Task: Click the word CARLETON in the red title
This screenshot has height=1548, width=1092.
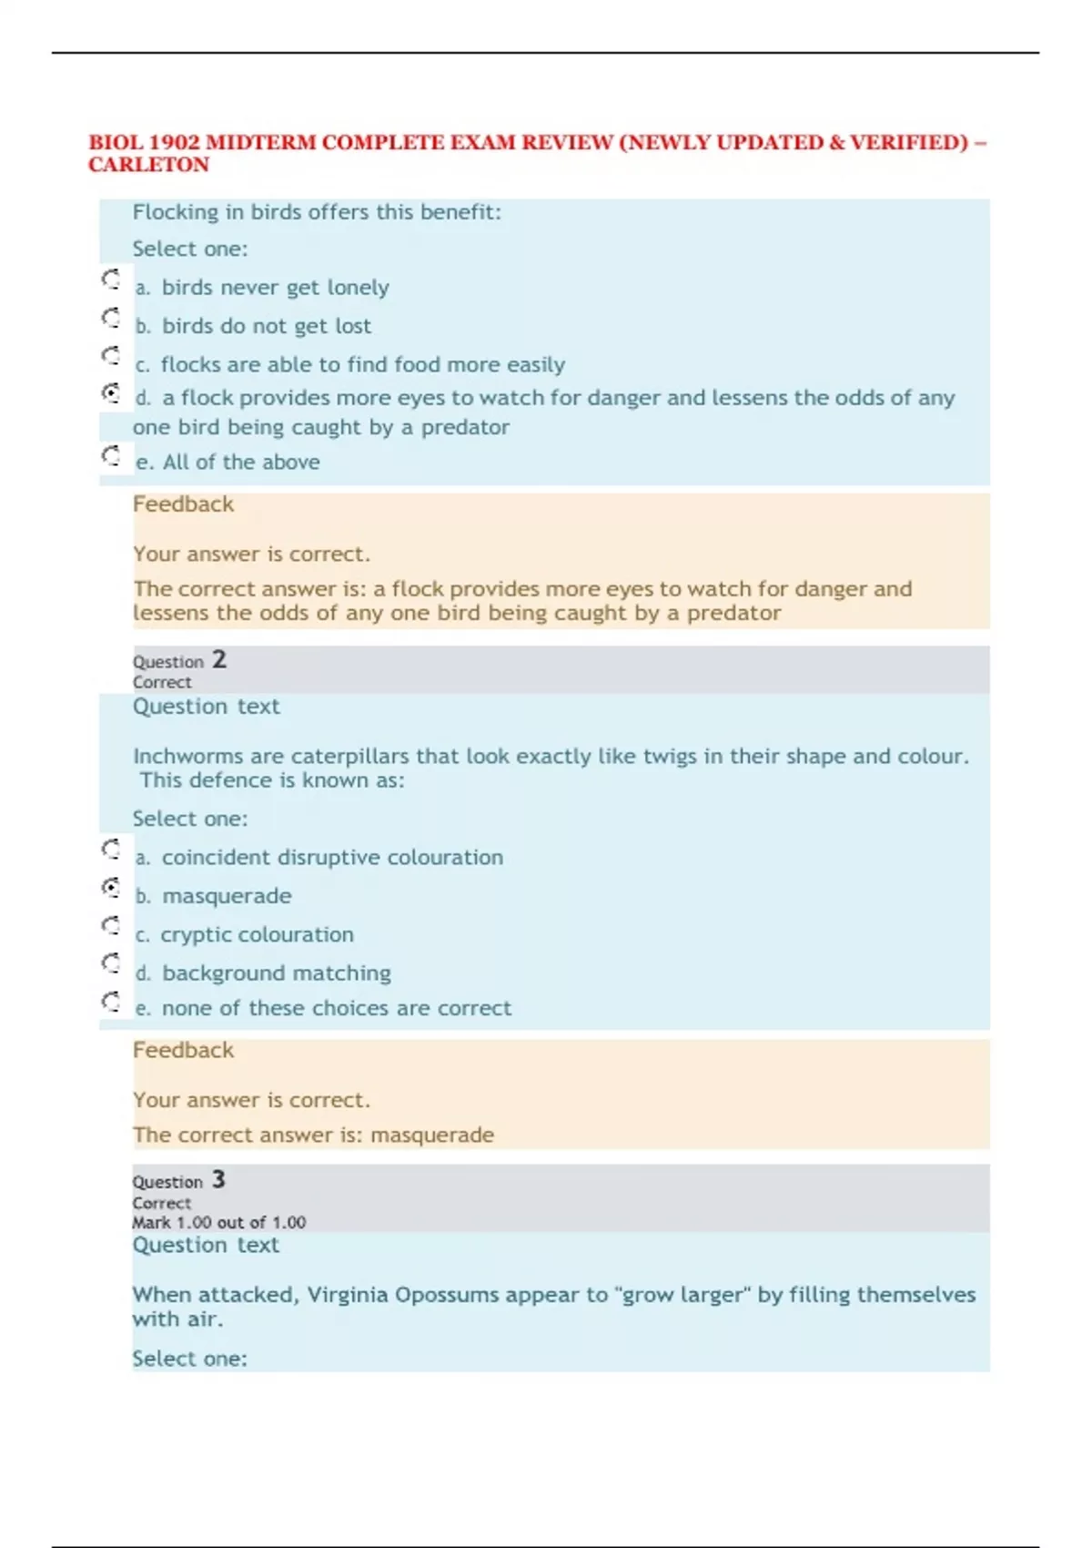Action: point(148,165)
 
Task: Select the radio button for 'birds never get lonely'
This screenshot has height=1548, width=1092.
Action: point(111,279)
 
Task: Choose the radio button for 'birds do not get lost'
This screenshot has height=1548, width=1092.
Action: point(111,317)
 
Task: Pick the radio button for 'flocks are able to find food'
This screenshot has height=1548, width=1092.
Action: point(111,355)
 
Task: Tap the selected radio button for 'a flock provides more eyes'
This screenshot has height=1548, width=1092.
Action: point(111,392)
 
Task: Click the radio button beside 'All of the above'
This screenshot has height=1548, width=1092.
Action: point(111,454)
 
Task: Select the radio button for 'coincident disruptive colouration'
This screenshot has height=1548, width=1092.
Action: point(111,849)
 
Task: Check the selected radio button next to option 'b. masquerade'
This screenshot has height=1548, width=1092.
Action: point(111,887)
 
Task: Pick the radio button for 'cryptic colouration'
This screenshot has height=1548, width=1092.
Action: point(111,925)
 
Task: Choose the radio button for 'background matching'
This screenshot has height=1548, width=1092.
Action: point(111,962)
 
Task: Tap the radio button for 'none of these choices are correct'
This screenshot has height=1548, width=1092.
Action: point(111,1001)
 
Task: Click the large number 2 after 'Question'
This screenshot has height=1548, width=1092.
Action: point(219,659)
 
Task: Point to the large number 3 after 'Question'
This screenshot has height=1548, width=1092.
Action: point(218,1179)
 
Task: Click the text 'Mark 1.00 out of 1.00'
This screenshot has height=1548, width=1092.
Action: point(218,1222)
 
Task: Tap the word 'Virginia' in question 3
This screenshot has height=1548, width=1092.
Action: point(347,1295)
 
